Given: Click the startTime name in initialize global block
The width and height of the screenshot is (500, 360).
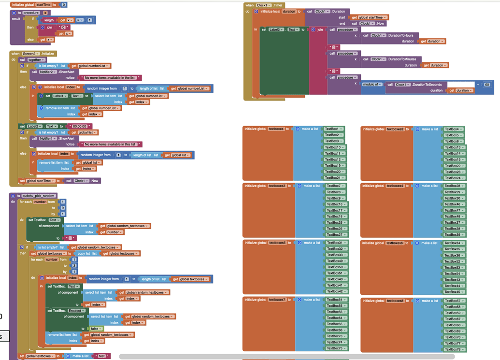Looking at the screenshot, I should click(x=43, y=5).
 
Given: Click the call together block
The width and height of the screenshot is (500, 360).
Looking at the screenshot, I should click(x=32, y=60).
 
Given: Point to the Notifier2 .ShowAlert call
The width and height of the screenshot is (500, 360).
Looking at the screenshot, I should click(x=53, y=72).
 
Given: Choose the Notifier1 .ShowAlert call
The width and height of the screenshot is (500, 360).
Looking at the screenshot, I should click(x=53, y=139).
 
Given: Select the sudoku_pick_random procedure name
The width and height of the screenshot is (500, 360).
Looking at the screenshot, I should click(x=39, y=196).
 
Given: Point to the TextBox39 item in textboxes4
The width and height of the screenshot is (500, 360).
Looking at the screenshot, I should click(x=453, y=235).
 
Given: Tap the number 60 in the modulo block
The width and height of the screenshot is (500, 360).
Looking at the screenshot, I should click(x=486, y=85).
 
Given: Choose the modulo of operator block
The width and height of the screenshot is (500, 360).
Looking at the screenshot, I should click(x=372, y=85).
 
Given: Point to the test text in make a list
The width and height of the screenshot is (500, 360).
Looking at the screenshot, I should click(x=101, y=356).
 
